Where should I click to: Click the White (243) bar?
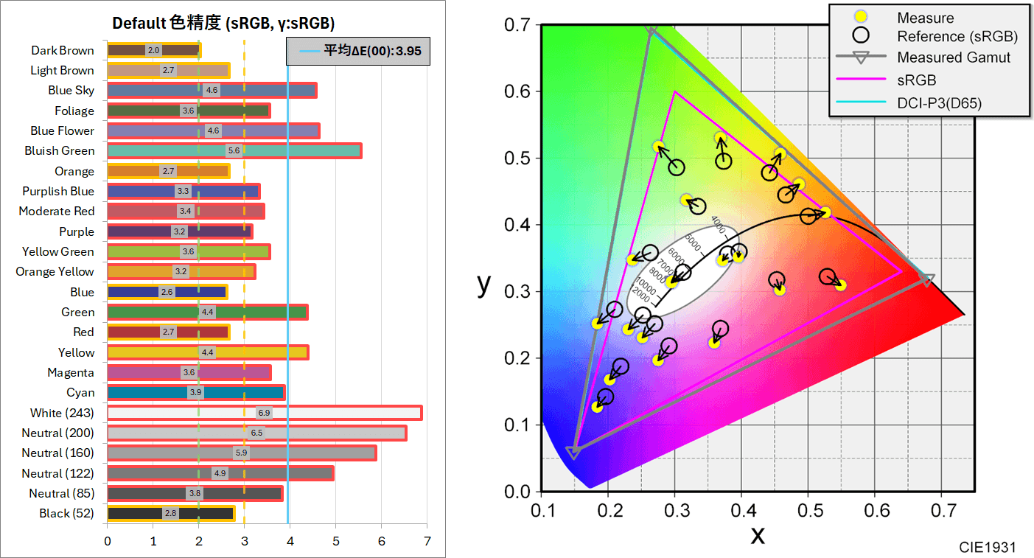264,413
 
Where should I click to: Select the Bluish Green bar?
234,151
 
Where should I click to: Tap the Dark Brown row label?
63,50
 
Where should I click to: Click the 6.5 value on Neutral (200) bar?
256,433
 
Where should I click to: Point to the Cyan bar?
195,392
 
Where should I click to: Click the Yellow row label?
76,352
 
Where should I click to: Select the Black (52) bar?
170,514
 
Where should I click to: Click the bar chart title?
223,24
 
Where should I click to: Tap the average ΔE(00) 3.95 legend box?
357,52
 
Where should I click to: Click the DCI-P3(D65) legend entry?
939,103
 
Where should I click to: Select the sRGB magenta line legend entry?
917,80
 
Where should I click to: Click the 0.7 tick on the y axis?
520,25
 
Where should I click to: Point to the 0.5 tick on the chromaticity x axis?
808,510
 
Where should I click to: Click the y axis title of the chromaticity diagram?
483,283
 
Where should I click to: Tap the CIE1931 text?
987,547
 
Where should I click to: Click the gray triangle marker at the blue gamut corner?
573,452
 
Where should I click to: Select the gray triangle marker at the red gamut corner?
927,280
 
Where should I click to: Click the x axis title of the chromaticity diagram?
758,534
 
